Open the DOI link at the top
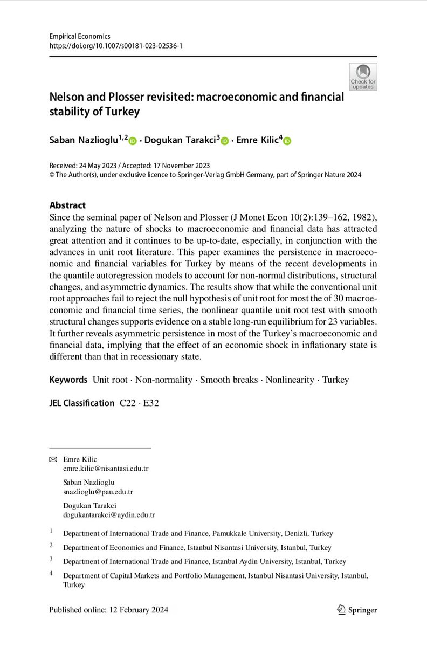pyautogui.click(x=115, y=47)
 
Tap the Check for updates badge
pyautogui.click(x=362, y=77)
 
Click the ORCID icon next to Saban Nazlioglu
pyautogui.click(x=133, y=141)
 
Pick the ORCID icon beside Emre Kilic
pyautogui.click(x=287, y=141)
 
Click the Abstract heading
pyautogui.click(x=67, y=205)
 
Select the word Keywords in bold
pyautogui.click(x=68, y=380)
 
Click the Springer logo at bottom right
pyautogui.click(x=356, y=610)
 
